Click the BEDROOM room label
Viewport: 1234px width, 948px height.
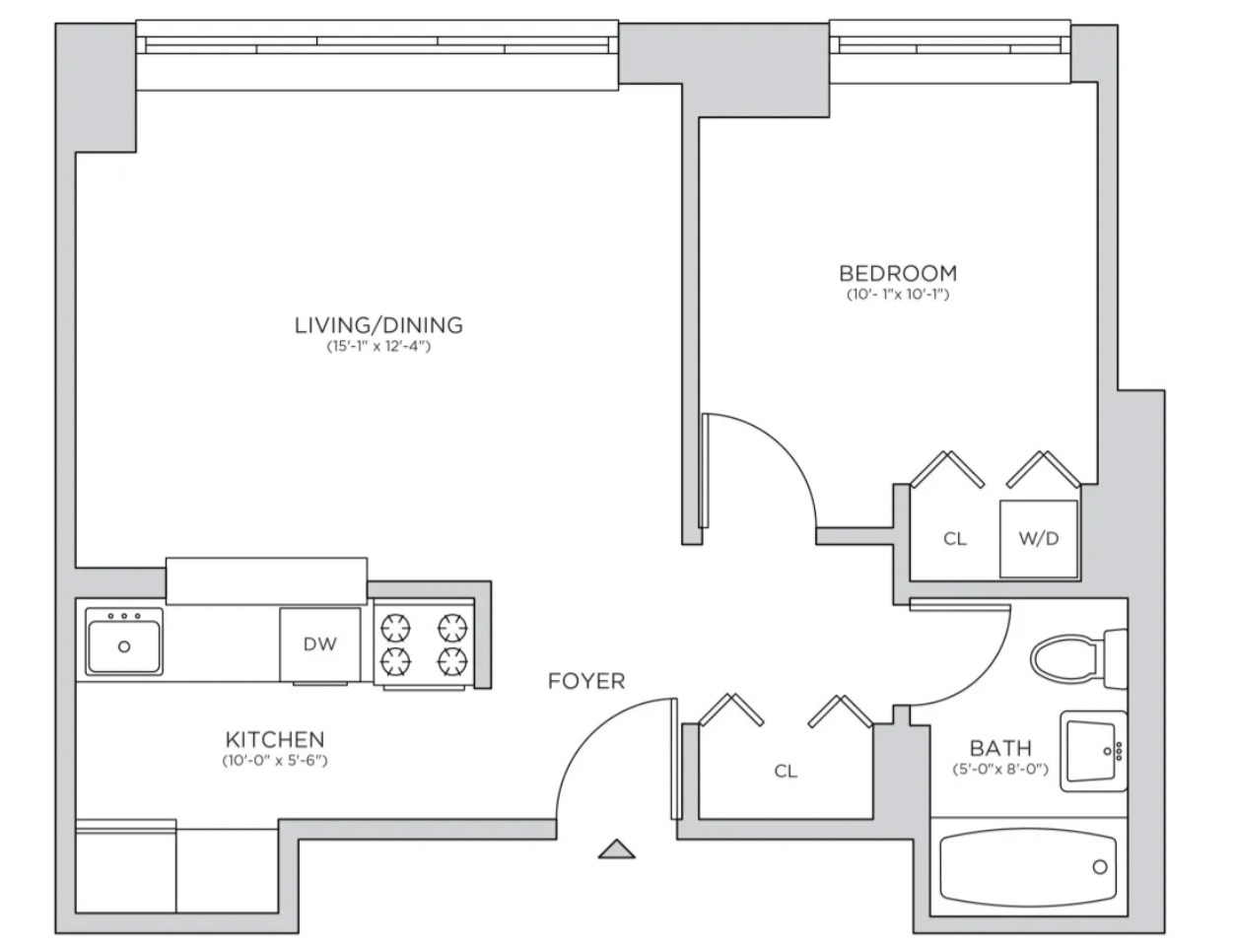pyautogui.click(x=898, y=274)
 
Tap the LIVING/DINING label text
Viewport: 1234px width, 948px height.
pyautogui.click(x=378, y=325)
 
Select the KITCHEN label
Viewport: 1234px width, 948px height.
pyautogui.click(x=275, y=740)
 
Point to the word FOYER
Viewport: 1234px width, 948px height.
pyautogui.click(x=586, y=681)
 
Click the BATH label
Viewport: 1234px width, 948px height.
pyautogui.click(x=1000, y=748)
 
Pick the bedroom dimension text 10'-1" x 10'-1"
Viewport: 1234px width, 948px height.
pyautogui.click(x=898, y=295)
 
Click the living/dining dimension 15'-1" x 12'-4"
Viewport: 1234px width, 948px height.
pyautogui.click(x=378, y=346)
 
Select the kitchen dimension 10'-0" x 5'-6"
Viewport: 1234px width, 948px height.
pyautogui.click(x=275, y=761)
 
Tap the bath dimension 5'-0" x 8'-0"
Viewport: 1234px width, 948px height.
pyautogui.click(x=1000, y=770)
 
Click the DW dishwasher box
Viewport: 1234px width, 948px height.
pyautogui.click(x=320, y=644)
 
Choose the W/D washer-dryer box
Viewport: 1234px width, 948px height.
pyautogui.click(x=1039, y=539)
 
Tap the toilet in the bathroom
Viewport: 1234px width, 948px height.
pyautogui.click(x=1078, y=659)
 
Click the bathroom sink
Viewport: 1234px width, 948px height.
pyautogui.click(x=1094, y=751)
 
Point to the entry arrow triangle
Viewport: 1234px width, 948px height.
pyautogui.click(x=617, y=848)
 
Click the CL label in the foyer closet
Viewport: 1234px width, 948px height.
pyautogui.click(x=786, y=771)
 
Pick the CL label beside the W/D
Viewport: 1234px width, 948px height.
pyautogui.click(x=955, y=539)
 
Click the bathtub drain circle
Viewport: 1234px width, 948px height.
pyautogui.click(x=1100, y=867)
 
